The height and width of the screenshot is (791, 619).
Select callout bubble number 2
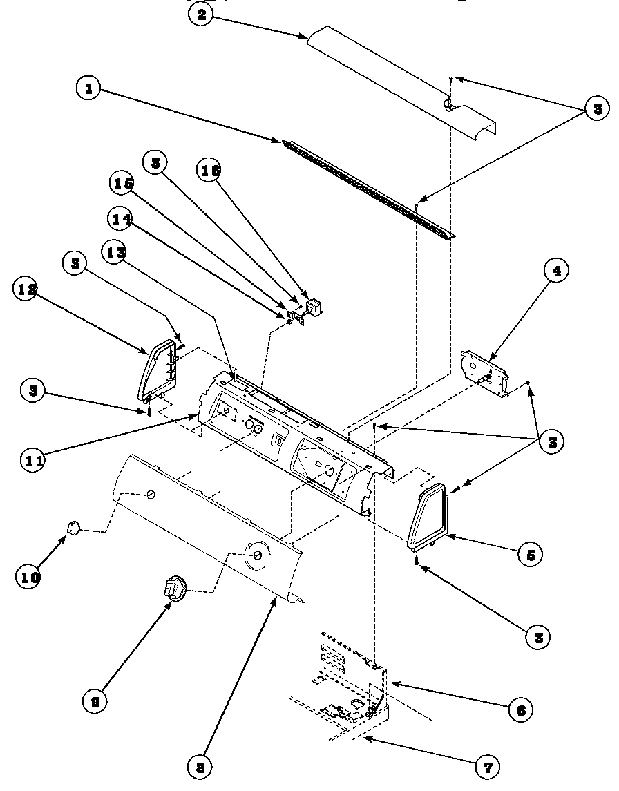point(200,17)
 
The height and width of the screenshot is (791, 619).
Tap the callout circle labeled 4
point(556,271)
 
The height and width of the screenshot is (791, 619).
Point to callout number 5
point(530,553)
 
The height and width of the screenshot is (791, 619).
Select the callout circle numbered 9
point(95,701)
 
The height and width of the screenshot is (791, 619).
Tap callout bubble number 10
point(29,575)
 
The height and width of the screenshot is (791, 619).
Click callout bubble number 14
point(120,218)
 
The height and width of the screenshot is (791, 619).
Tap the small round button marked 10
point(73,528)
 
